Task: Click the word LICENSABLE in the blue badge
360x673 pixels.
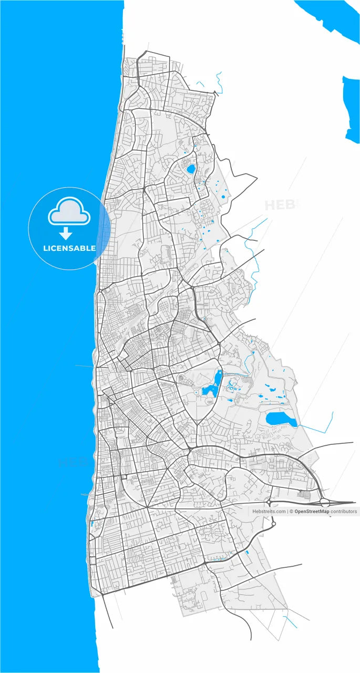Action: pos(69,248)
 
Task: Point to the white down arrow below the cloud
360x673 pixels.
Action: pos(66,233)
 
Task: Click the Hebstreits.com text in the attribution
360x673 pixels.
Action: pos(269,511)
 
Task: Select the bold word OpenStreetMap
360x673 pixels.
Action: pos(312,511)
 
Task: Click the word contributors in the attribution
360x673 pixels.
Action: pos(344,511)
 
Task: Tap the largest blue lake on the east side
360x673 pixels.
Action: pos(281,419)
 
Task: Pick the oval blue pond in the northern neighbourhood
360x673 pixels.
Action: pos(190,169)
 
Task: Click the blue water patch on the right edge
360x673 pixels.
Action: pos(351,108)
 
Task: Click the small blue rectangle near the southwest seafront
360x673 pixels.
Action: pos(91,524)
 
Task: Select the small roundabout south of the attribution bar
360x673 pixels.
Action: pos(273,524)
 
